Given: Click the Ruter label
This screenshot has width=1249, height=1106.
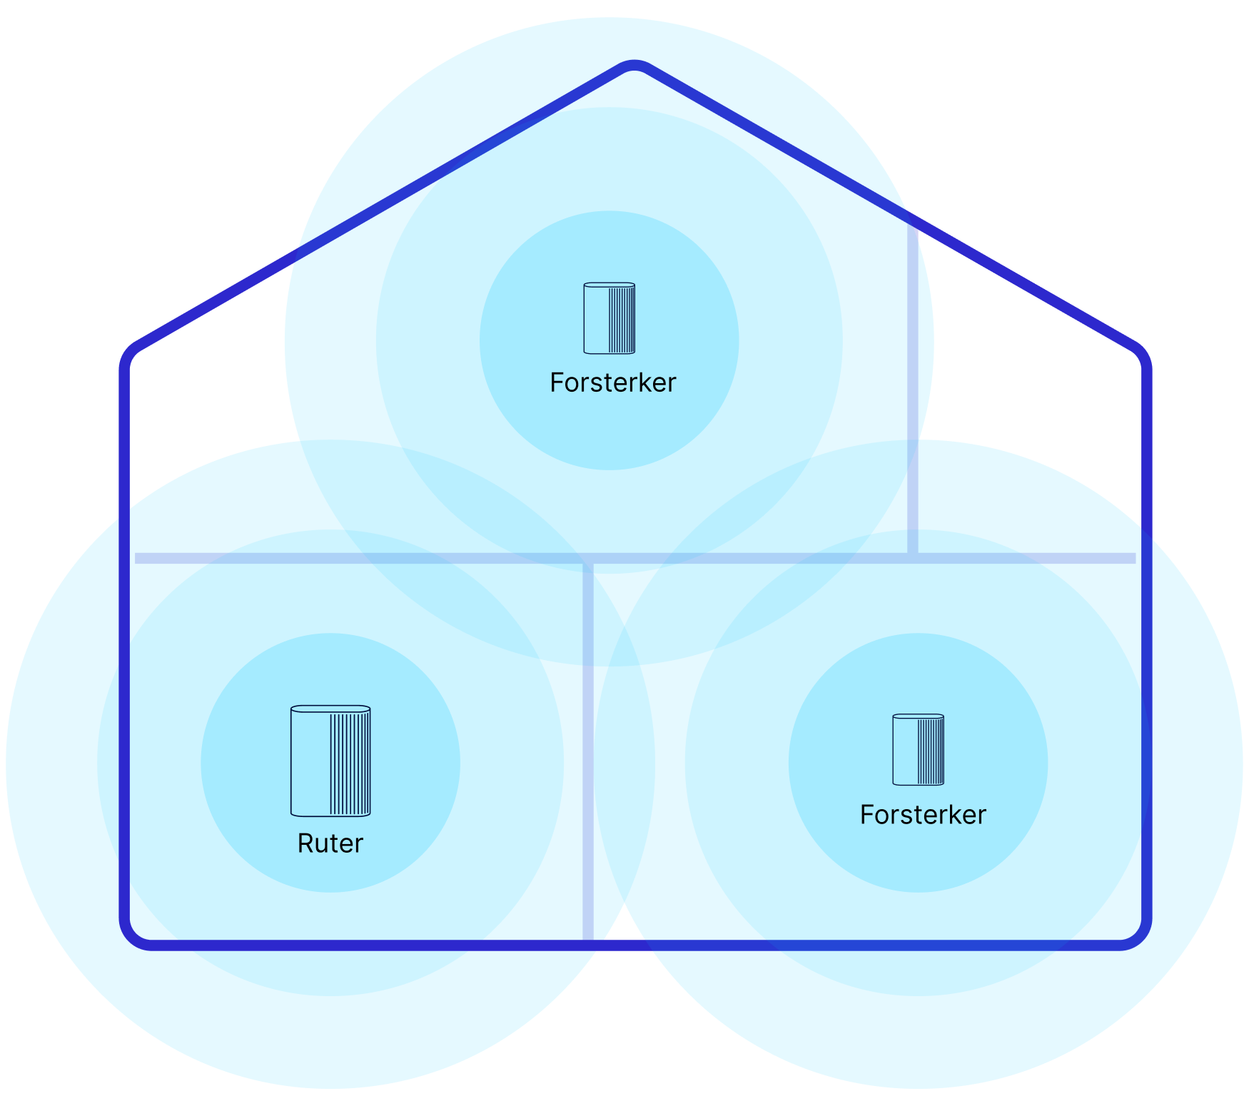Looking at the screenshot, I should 330,843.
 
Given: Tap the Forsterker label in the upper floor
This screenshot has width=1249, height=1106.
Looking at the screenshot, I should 612,383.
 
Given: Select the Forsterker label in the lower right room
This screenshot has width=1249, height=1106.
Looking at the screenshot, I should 922,815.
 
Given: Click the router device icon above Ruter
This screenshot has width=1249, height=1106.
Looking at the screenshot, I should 330,761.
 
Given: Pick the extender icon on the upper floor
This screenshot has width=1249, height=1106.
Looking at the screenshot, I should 609,318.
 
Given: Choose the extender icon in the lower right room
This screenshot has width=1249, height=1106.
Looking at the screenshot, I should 918,750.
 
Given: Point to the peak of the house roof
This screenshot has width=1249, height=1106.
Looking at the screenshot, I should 634,65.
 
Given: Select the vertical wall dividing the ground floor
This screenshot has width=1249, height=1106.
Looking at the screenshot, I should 588,749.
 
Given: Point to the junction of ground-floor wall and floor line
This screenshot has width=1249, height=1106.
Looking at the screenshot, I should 588,559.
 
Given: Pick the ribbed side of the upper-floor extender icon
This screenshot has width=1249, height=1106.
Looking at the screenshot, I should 621,319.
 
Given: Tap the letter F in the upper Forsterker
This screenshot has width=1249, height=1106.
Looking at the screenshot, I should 556,383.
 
